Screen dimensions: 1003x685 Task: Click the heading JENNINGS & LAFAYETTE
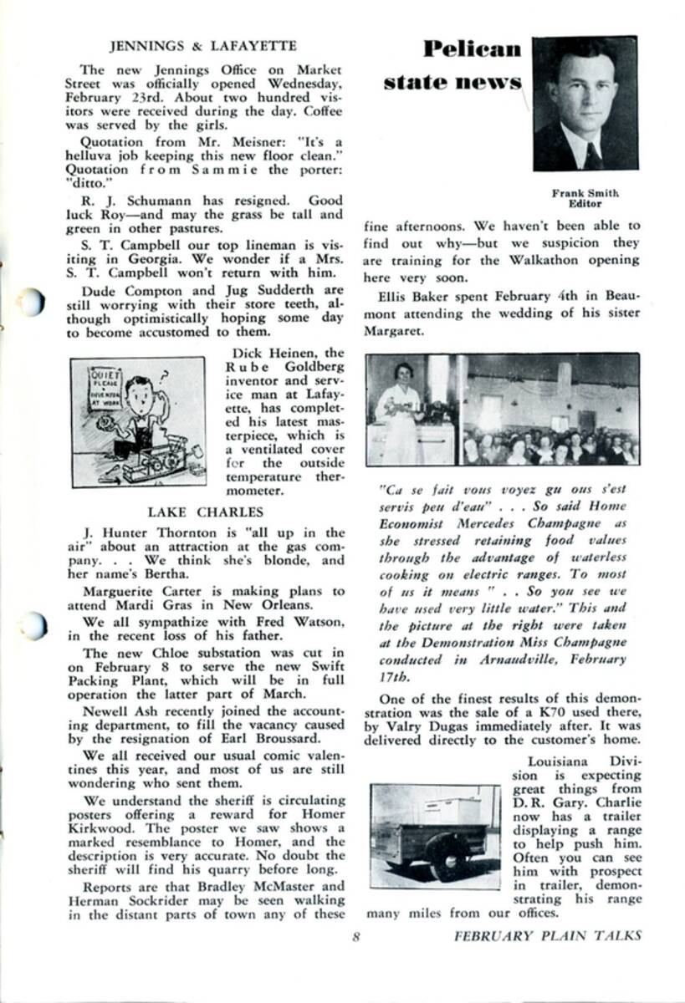203,45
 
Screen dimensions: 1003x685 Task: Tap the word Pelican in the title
471,49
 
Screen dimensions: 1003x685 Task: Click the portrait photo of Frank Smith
585,103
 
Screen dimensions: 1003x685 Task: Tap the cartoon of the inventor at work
138,422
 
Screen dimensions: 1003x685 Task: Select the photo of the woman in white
411,410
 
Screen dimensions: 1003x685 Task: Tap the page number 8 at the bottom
355,936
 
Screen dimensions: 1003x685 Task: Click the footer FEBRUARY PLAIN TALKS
548,936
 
